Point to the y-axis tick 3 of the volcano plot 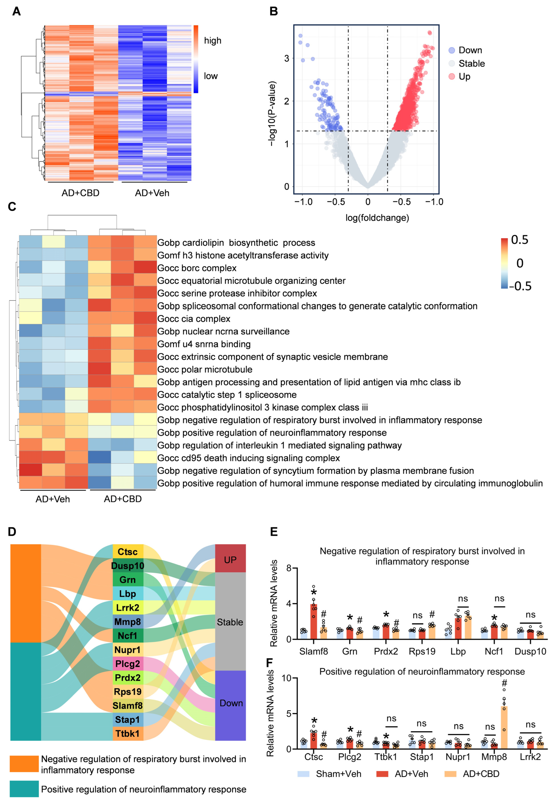click(287, 58)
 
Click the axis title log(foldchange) click(377, 218)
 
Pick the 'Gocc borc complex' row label click(197, 268)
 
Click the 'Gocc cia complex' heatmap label click(194, 319)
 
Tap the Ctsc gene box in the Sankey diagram click(128, 552)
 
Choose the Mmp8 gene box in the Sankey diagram click(128, 621)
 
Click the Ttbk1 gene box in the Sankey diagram click(128, 734)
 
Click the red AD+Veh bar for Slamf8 click(313, 622)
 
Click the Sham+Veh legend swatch click(303, 774)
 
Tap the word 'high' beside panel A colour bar click(212, 41)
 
